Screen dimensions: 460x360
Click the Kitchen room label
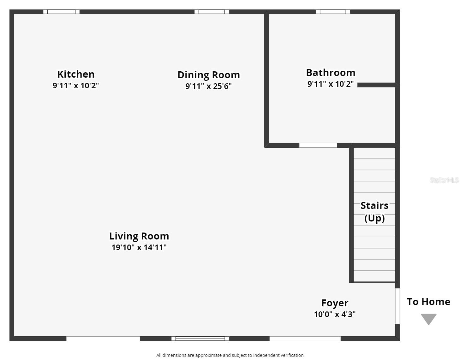point(76,74)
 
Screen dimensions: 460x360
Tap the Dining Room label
point(208,75)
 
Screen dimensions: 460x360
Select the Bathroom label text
point(331,73)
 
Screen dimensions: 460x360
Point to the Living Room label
point(139,236)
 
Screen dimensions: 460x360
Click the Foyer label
point(335,303)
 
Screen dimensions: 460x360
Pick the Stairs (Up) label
point(374,212)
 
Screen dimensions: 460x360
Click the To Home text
point(428,302)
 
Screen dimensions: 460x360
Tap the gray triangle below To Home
point(429,319)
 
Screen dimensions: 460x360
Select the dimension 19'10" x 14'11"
point(139,247)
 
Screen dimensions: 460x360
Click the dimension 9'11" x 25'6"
point(208,86)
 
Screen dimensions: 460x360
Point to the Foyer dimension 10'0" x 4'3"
point(335,314)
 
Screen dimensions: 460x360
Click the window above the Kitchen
point(61,12)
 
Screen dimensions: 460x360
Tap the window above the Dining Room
point(212,12)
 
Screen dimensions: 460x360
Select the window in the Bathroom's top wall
point(333,12)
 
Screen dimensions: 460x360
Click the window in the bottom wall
point(200,339)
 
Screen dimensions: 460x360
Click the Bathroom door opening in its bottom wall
point(318,145)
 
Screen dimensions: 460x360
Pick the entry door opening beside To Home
point(397,306)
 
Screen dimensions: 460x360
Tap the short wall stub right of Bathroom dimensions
point(377,85)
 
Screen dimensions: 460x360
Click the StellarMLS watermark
point(444,180)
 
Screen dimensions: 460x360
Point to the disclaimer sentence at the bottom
point(230,355)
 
